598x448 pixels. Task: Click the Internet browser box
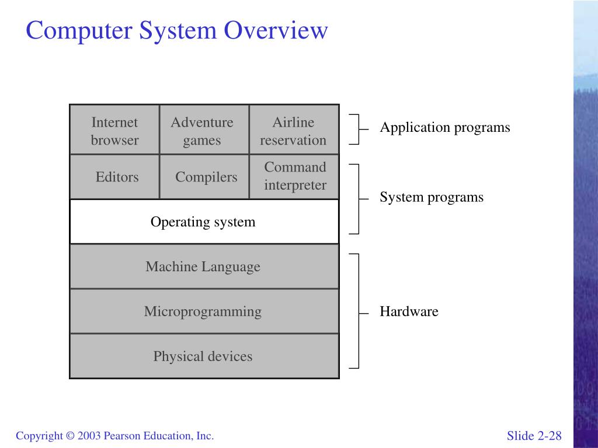(x=114, y=130)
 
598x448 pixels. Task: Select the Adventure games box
(x=202, y=130)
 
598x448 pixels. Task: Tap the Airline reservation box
(x=293, y=130)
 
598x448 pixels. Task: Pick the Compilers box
(x=206, y=177)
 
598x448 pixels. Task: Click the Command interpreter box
(x=295, y=176)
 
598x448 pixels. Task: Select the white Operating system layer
(x=203, y=222)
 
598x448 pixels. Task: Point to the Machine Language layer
(x=203, y=267)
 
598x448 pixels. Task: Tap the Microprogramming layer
(x=203, y=311)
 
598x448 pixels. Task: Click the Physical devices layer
(x=203, y=356)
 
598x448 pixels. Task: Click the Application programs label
(x=445, y=128)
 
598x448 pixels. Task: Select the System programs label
(x=432, y=197)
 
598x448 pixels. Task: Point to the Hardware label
(x=409, y=311)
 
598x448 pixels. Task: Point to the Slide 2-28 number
(x=534, y=436)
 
